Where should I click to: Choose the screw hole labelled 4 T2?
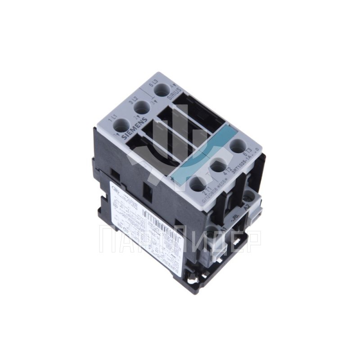pyautogui.click(x=218, y=165)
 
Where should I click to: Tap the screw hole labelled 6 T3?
pyautogui.click(x=238, y=146)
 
